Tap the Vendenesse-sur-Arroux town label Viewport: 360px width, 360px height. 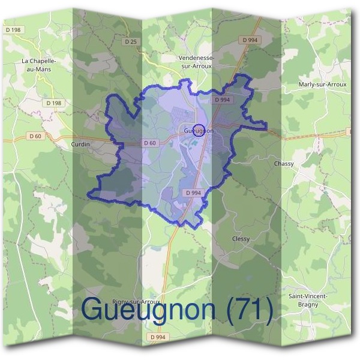point(197,62)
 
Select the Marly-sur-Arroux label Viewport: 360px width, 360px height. point(322,85)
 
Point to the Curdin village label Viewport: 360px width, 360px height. point(80,145)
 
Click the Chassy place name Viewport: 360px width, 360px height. point(284,163)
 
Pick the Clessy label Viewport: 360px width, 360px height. point(241,239)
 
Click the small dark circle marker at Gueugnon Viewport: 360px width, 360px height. point(201,130)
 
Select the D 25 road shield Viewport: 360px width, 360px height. point(132,41)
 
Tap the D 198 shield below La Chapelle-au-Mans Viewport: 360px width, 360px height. point(53,103)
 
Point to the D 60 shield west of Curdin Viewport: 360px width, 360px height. point(35,136)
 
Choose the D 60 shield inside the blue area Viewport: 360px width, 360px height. point(150,143)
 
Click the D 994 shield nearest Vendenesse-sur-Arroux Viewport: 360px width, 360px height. point(251,40)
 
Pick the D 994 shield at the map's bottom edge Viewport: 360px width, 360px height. point(158,337)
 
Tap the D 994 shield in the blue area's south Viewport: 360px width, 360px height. point(193,193)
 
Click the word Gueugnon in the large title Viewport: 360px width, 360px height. point(147,310)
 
